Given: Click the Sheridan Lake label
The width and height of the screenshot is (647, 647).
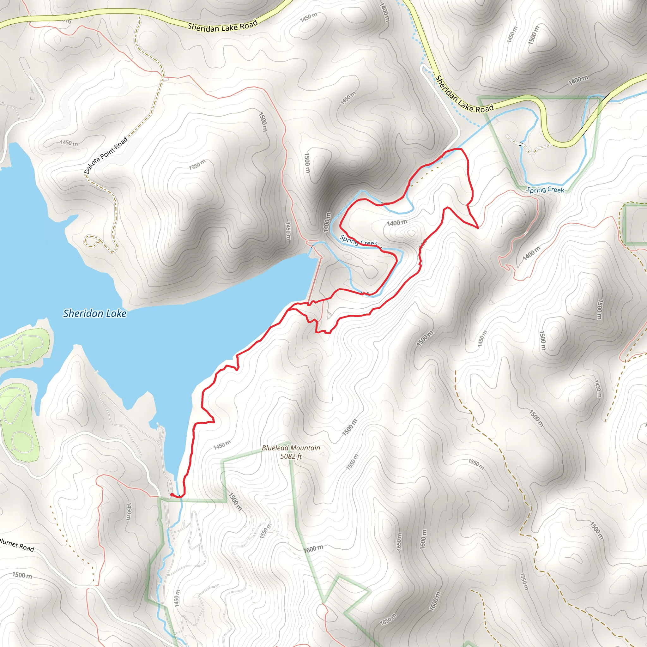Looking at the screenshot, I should (x=95, y=313).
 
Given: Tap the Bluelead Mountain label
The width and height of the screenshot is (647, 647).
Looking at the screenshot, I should (x=291, y=448).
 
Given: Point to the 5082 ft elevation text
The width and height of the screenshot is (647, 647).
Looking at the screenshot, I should (x=291, y=456).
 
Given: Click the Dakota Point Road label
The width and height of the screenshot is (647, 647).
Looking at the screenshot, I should (x=106, y=155).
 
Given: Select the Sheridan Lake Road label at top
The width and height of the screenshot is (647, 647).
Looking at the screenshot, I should (x=222, y=26).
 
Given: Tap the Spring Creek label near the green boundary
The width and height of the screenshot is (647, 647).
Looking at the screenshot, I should (x=545, y=190).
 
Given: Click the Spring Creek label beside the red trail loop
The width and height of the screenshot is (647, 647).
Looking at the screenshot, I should (x=358, y=240).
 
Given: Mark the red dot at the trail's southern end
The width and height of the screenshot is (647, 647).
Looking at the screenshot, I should (x=172, y=494).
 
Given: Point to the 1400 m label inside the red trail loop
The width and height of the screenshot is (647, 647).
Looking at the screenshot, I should (x=397, y=223).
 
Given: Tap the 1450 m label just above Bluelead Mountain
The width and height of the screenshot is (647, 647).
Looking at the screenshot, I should (x=222, y=445).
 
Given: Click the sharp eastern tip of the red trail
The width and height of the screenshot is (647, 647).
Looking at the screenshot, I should (x=478, y=227).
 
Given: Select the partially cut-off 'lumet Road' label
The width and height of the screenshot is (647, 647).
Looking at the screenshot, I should (x=17, y=546).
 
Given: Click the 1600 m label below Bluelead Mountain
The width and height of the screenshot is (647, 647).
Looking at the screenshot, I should (x=313, y=549).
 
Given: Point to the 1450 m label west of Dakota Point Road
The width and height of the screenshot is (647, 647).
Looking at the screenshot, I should (x=69, y=143).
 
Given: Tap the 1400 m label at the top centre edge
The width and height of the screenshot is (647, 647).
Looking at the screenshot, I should (x=384, y=12).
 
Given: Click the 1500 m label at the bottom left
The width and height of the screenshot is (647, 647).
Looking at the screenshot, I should (x=22, y=575).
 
